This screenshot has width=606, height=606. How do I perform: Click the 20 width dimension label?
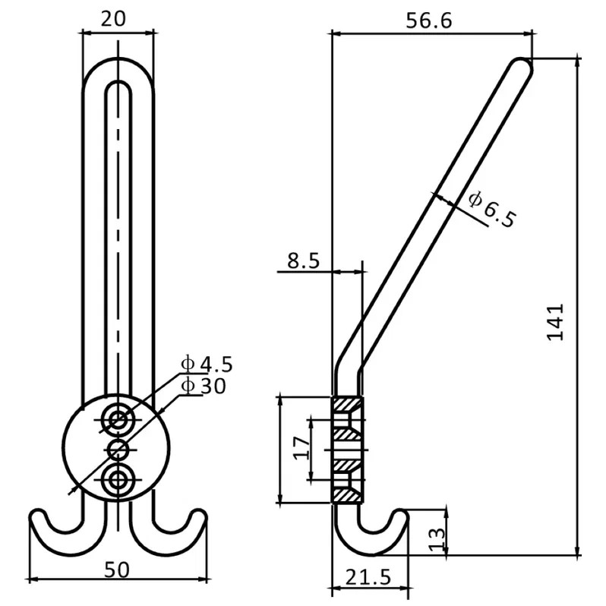coord(114,19)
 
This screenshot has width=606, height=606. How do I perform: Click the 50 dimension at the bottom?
coord(117,570)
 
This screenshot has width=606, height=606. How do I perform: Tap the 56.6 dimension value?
coord(428,21)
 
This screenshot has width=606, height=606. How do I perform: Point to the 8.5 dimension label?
coord(304,261)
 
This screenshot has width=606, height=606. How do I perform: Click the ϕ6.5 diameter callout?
coord(491,209)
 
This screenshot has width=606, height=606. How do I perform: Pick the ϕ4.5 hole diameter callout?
coord(207,364)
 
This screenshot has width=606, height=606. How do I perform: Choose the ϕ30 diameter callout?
coord(204,386)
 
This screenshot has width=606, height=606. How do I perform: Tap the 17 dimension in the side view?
coord(301,447)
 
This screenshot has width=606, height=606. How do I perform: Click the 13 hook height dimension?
coord(437,538)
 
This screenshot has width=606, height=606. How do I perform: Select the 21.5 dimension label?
coord(368,577)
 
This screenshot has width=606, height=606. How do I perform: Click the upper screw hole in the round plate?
coord(118,420)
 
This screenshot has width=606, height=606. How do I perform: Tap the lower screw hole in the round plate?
coord(117,480)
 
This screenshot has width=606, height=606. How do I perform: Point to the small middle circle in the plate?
coord(118,450)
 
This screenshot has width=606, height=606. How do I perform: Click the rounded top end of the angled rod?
coord(523,65)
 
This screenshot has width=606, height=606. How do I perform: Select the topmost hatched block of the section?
coord(347,404)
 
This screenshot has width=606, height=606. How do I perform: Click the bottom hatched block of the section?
coord(347,495)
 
